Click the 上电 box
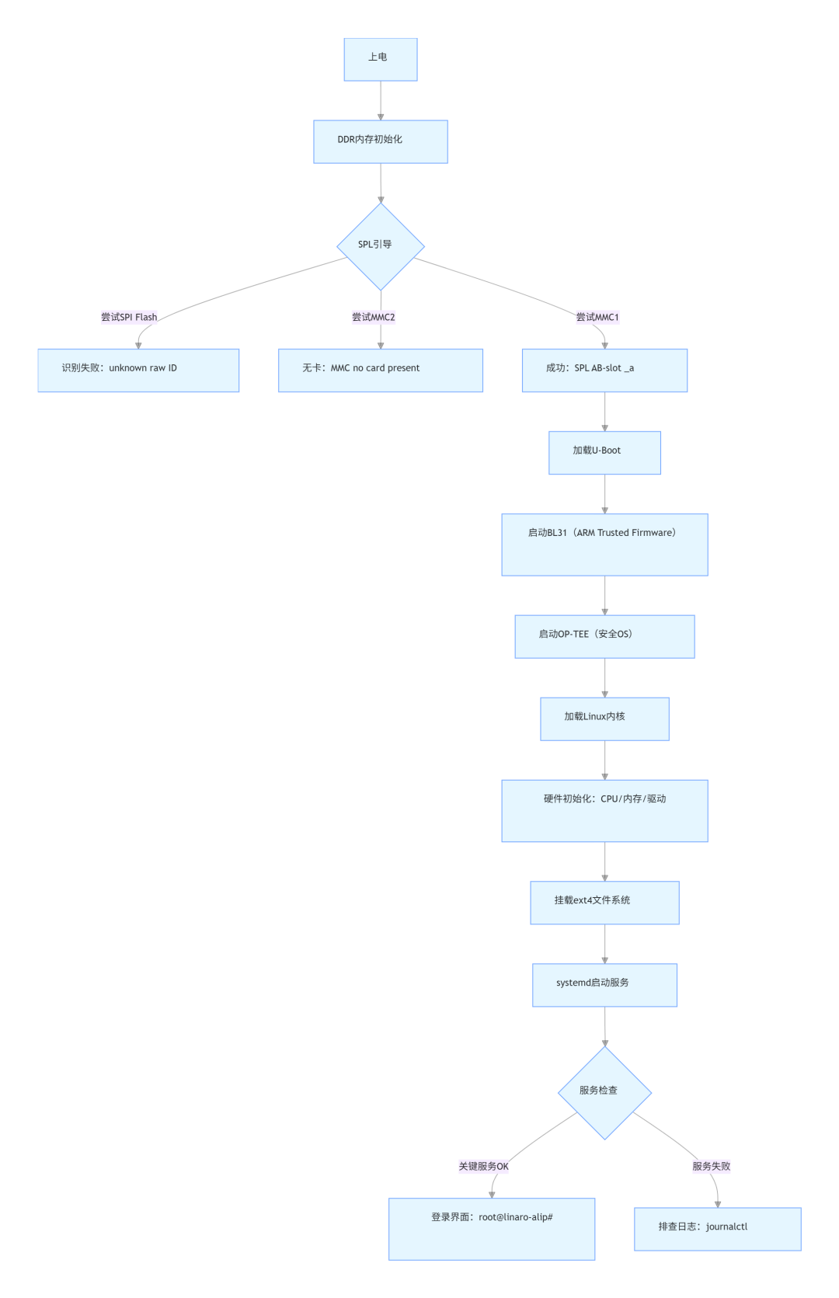380,60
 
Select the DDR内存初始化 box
380,142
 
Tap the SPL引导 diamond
380,246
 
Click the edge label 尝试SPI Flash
129,317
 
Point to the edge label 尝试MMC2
373,317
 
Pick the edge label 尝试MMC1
597,317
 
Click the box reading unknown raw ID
138,371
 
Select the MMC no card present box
380,371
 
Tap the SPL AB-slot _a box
604,371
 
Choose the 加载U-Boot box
604,453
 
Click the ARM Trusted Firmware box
604,545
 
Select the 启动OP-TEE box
604,637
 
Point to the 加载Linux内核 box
604,719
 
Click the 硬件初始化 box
604,811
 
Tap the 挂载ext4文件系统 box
604,903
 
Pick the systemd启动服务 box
604,985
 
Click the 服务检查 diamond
604,1093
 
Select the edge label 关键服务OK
483,1166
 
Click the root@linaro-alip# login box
491,1229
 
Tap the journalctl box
717,1229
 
